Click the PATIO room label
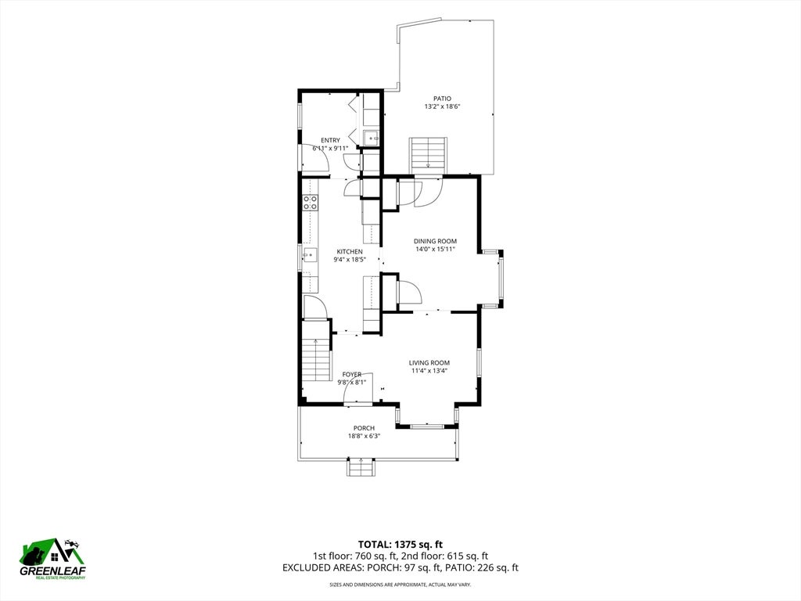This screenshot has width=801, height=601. coord(443,99)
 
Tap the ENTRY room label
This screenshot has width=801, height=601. coord(331,141)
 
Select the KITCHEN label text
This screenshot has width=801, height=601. coord(350,251)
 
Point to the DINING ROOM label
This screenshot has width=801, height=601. coord(435,241)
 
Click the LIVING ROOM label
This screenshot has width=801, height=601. coord(429,363)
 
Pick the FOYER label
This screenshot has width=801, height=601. coord(352,375)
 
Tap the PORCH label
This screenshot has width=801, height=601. coord(365,428)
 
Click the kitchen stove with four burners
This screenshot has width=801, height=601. coord(310,203)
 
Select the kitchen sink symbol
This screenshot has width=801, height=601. coord(310,254)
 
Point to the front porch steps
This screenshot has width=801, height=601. coord(361,467)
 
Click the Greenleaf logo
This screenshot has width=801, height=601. coord(52,559)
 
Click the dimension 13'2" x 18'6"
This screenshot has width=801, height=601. coord(443,106)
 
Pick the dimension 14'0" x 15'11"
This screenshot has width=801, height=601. coord(435,250)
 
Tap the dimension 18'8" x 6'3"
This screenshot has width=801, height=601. coord(365,436)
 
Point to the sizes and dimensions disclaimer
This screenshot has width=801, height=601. coord(400,584)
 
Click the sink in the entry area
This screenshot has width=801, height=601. coord(372,138)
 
